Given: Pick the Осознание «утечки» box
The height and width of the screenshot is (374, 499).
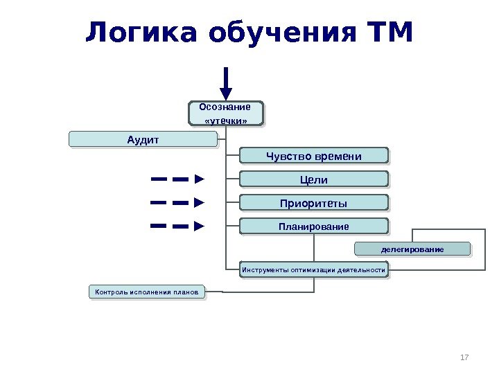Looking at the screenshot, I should pos(226,114).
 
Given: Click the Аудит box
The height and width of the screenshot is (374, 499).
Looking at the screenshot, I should pos(143,140).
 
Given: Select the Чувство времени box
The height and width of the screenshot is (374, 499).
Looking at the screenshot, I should pos(314,157).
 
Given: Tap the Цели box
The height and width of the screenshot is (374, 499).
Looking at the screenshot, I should pos(314,180).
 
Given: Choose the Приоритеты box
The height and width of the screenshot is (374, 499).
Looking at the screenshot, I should pos(314,203).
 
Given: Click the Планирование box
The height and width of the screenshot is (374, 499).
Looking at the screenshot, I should pos(314,226).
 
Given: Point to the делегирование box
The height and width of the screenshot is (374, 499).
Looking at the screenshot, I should pos(412,248).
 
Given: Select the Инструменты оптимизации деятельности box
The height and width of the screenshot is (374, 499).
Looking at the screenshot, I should pos(314,269).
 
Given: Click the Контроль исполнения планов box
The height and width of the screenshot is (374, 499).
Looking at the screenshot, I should pos(148,292).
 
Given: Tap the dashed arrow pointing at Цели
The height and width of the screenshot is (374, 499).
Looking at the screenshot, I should pos(178,179).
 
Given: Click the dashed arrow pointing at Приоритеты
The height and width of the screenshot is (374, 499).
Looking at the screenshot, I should pos(178,203).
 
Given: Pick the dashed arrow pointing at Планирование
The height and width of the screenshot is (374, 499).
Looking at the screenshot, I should pos(178,226).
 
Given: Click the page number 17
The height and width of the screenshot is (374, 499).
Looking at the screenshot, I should pos(464,357).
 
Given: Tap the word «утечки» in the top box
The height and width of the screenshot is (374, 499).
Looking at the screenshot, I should pos(226,121).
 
